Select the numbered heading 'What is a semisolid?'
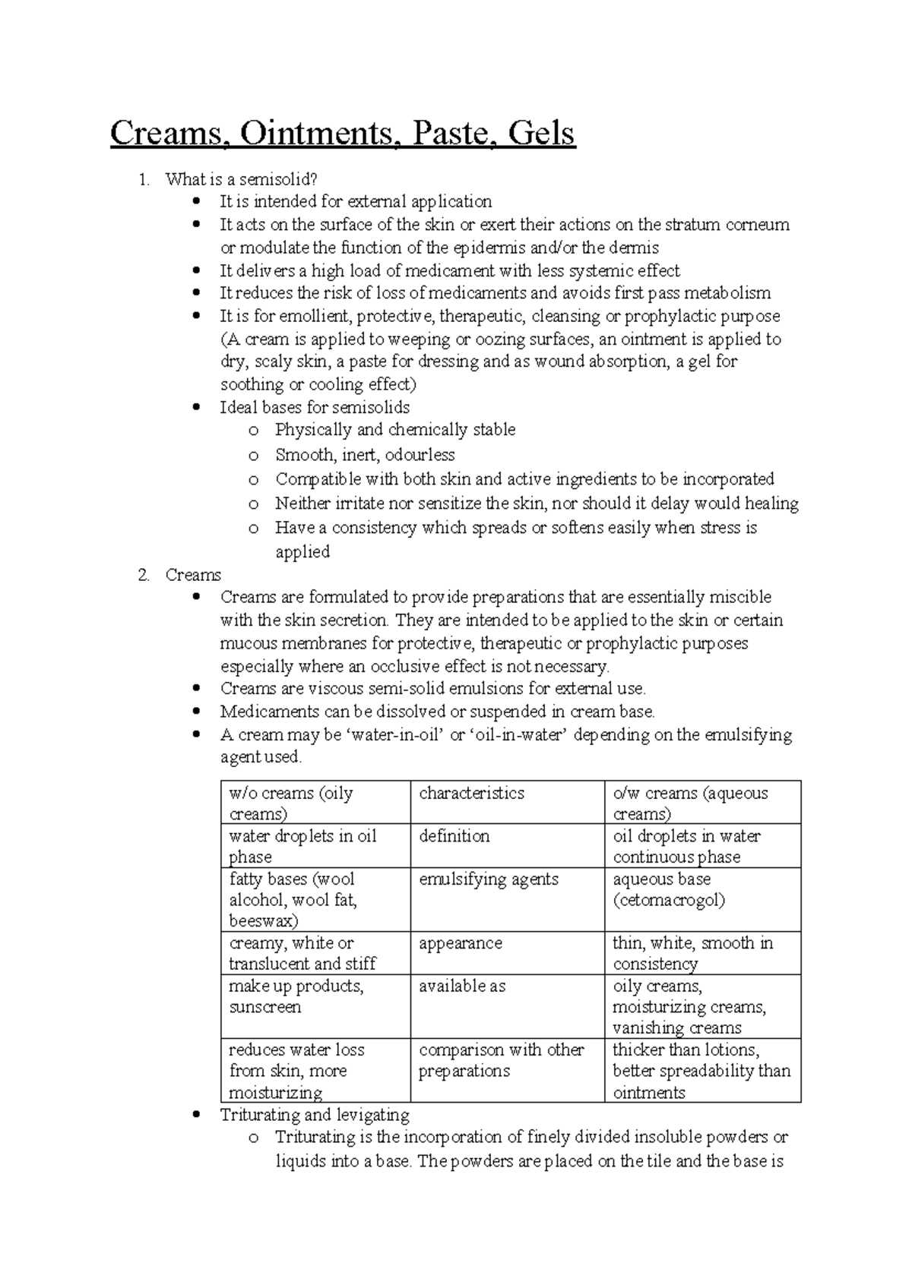click(240, 179)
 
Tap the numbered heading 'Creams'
click(193, 575)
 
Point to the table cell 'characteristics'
click(471, 793)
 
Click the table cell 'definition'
click(454, 836)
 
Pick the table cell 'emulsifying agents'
click(489, 879)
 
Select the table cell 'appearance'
click(460, 943)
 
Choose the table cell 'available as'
click(462, 986)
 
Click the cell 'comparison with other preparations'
click(501, 1060)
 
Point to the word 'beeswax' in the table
click(263, 921)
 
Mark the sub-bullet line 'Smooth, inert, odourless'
click(365, 455)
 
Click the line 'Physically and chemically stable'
click(395, 430)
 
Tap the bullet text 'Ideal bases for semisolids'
click(315, 407)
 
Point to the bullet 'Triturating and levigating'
click(315, 1115)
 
